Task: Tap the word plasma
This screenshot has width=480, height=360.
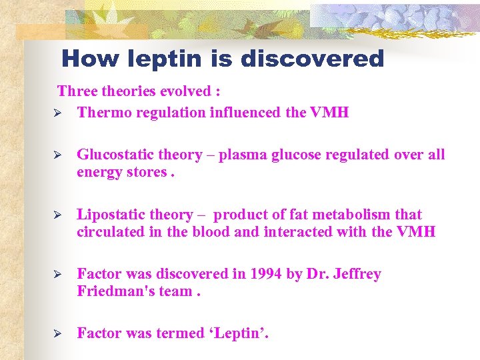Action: click(x=241, y=155)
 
